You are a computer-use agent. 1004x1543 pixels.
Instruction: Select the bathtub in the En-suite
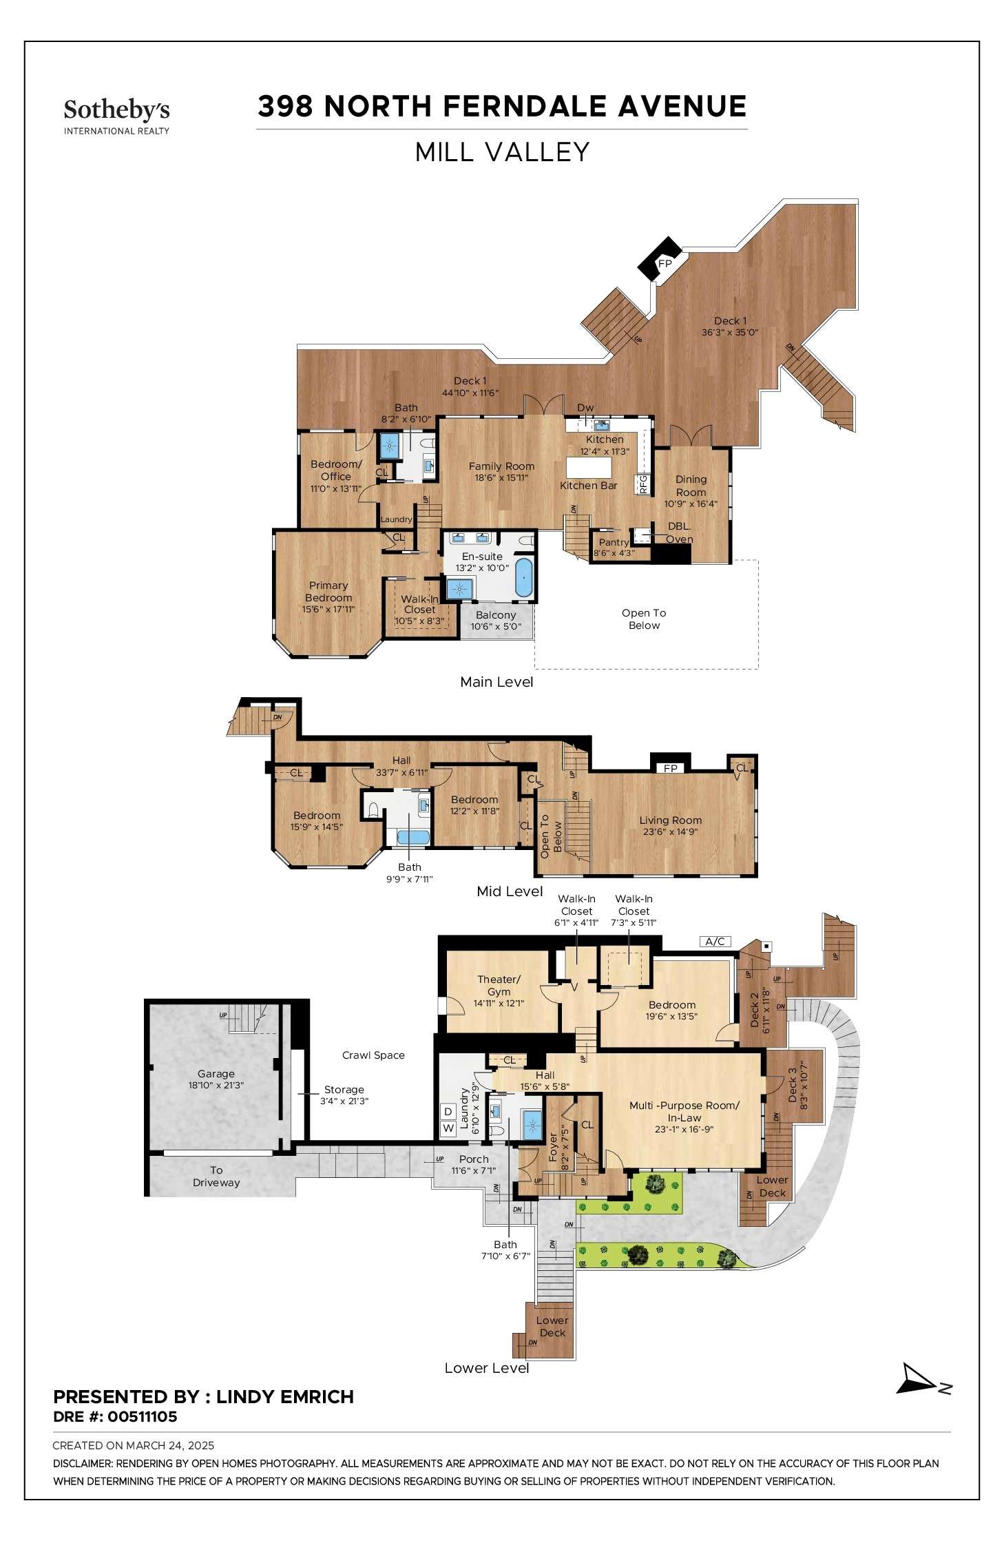coord(524,577)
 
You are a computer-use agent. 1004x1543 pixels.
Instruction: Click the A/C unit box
coord(715,941)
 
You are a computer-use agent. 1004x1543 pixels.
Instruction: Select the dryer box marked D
coord(448,1112)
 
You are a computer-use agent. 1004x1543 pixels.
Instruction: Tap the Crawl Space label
coord(373,1055)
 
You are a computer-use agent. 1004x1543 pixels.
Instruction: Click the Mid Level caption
coord(510,891)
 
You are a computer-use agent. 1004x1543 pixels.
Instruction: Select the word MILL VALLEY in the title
coord(502,152)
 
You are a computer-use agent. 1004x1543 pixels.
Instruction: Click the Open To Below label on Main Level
coord(644,619)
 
